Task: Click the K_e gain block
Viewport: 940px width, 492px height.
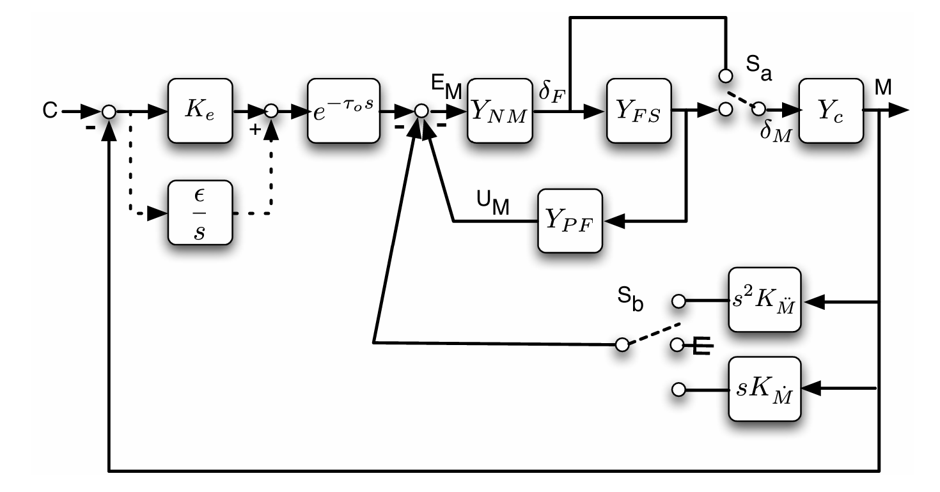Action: [200, 111]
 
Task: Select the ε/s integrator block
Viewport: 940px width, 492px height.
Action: [200, 212]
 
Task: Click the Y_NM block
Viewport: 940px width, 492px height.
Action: [499, 111]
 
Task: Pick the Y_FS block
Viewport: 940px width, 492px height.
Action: [639, 111]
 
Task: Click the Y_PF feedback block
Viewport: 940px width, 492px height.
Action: [570, 221]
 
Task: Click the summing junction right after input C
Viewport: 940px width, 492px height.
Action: [109, 111]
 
